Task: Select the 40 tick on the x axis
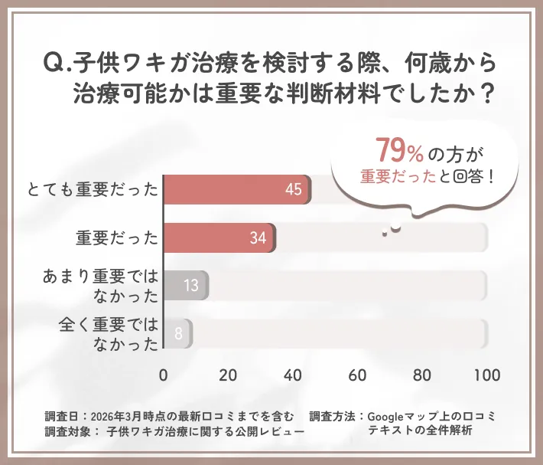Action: (292, 375)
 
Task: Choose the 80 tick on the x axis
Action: (421, 375)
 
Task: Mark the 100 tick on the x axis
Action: (486, 375)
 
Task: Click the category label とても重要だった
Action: (92, 190)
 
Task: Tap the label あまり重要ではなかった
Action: (99, 286)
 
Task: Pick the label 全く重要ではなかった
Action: (107, 334)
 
